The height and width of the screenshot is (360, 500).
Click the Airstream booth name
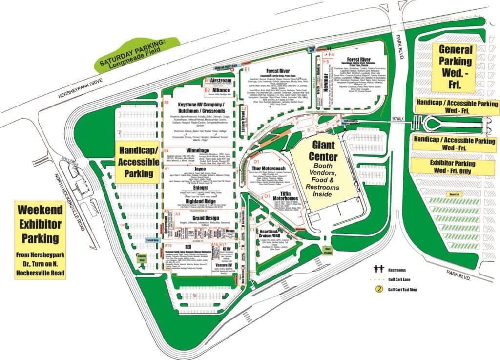point(221,80)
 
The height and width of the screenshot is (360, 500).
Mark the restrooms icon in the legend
point(377,269)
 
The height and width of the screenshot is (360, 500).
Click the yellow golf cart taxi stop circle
point(378,289)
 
